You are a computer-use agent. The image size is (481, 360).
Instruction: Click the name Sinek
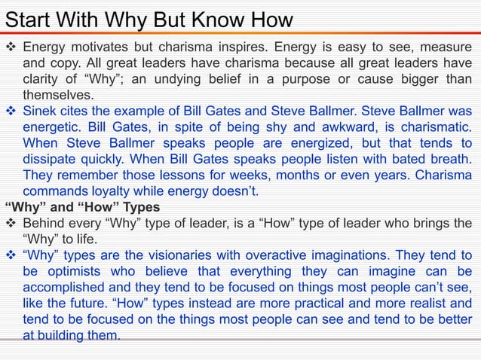pos(42,111)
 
